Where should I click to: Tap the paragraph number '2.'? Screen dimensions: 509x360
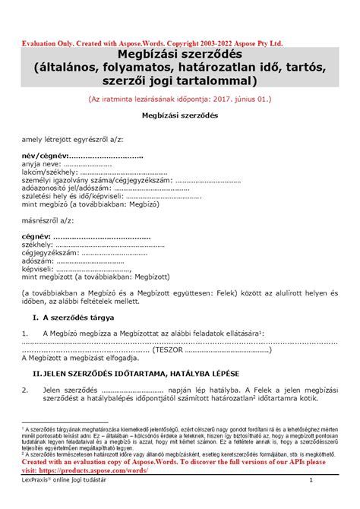[26, 391]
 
